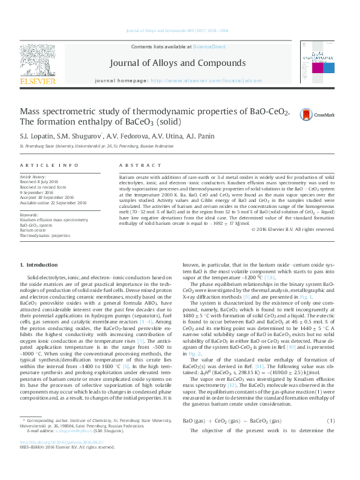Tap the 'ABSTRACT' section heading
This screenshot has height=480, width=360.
[133, 165]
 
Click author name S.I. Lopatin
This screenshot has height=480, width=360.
[36, 136]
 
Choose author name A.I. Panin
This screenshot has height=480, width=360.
[191, 136]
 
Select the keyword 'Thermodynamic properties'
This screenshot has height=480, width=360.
[44, 235]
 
